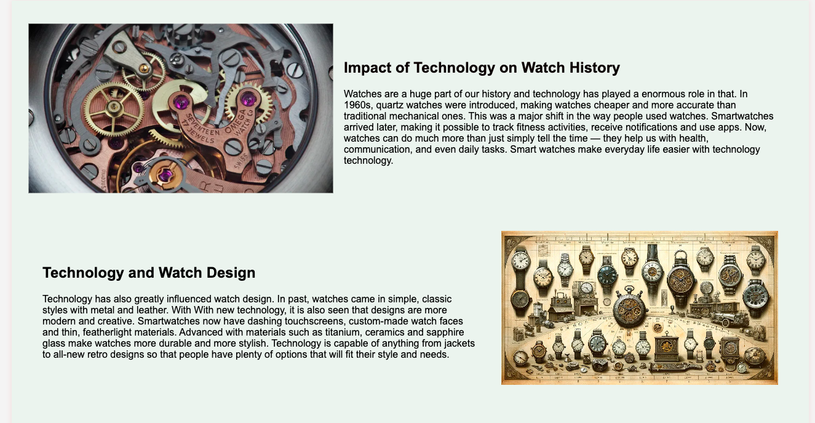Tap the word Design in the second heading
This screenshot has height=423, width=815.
coord(231,273)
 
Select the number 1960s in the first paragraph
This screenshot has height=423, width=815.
coord(358,105)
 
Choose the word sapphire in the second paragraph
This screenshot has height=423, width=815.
coord(445,332)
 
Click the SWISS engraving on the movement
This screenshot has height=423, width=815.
coord(241,161)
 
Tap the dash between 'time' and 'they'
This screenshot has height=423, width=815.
coord(595,139)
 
